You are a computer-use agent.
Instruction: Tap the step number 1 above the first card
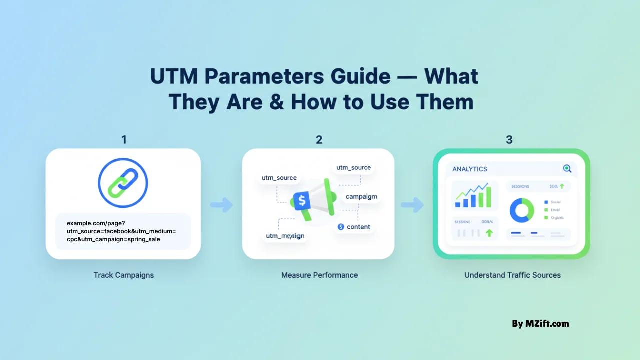pos(124,140)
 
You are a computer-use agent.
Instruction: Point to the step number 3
pos(509,140)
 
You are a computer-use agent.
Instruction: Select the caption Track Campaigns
pos(123,275)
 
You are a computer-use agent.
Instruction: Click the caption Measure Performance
pos(319,275)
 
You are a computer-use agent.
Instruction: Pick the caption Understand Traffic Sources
pos(512,275)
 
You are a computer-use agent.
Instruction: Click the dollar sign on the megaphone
pos(302,201)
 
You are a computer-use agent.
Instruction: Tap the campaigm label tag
pos(361,197)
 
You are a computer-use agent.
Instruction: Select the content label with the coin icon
pos(354,227)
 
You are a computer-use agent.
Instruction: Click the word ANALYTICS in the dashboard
pos(470,169)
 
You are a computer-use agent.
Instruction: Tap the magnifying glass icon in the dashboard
pos(567,169)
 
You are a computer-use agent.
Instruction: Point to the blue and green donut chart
pos(522,210)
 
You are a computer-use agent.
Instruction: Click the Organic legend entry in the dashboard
pos(555,218)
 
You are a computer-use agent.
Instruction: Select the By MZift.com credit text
pos(540,323)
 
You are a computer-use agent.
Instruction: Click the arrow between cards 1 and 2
pos(221,204)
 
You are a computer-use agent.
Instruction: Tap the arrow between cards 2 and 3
pos(413,204)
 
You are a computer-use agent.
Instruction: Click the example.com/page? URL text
pos(96,223)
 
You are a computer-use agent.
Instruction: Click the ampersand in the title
pos(275,102)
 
